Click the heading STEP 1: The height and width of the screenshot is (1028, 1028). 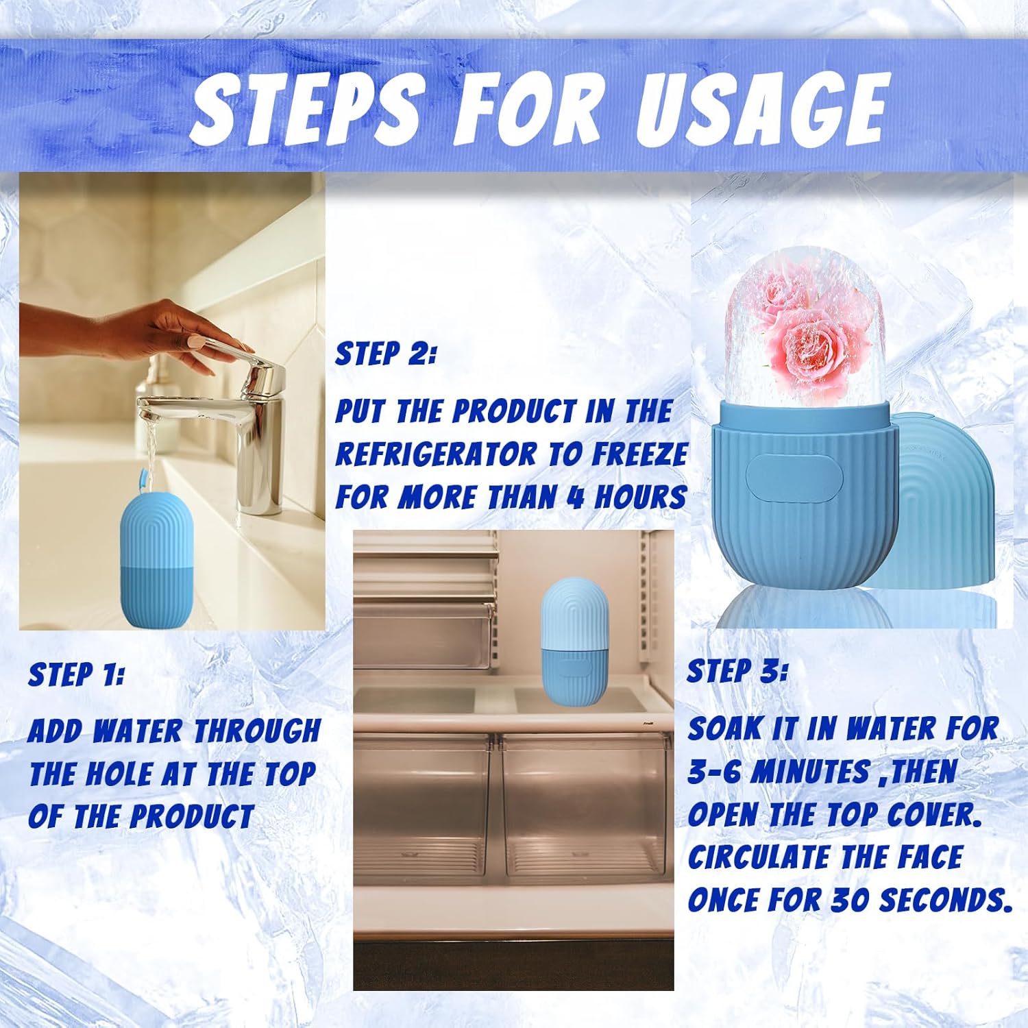[x=75, y=675]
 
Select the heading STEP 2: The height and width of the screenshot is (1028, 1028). [x=385, y=354]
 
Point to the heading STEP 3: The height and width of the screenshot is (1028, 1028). [x=737, y=671]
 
